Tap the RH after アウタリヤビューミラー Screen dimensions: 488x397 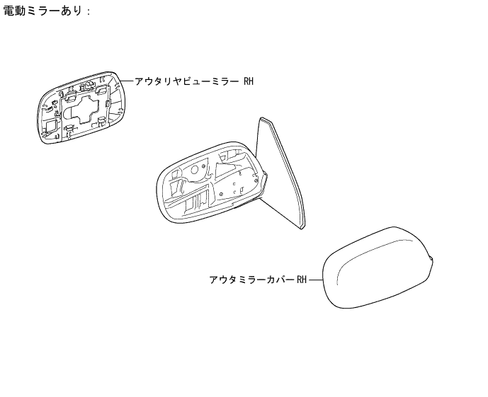point(248,81)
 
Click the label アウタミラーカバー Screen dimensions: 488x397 point(251,280)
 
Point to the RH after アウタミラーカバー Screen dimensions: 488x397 point(302,280)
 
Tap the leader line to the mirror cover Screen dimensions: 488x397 point(315,280)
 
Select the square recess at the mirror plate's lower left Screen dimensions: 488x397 point(52,127)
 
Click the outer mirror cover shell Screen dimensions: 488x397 point(375,272)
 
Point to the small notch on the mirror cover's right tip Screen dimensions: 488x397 point(432,258)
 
